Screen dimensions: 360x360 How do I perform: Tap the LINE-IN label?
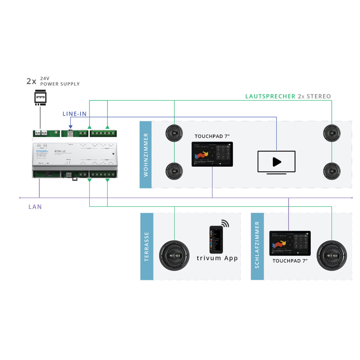click(74, 114)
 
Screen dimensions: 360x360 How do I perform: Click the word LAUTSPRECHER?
click(270, 96)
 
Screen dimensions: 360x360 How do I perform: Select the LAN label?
click(35, 207)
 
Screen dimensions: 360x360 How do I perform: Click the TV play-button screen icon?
click(277, 162)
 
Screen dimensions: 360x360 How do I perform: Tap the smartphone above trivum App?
click(216, 240)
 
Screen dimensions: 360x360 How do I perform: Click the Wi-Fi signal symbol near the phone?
click(225, 223)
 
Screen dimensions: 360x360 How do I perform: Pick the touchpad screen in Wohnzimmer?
click(212, 154)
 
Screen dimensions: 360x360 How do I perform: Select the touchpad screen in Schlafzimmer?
click(290, 243)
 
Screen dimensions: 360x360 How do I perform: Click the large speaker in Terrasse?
click(174, 255)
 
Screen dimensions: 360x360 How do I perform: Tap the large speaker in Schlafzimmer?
click(332, 255)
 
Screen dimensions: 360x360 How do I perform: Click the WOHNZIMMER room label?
click(145, 154)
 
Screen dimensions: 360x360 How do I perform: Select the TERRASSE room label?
click(147, 246)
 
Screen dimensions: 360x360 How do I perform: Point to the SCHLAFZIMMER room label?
click(257, 244)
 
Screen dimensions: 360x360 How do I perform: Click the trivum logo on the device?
click(42, 151)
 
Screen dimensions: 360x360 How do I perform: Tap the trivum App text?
click(217, 258)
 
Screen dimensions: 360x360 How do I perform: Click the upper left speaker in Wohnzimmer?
click(174, 133)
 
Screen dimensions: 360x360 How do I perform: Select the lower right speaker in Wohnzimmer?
click(332, 171)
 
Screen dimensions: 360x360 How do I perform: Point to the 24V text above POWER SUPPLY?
click(45, 78)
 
